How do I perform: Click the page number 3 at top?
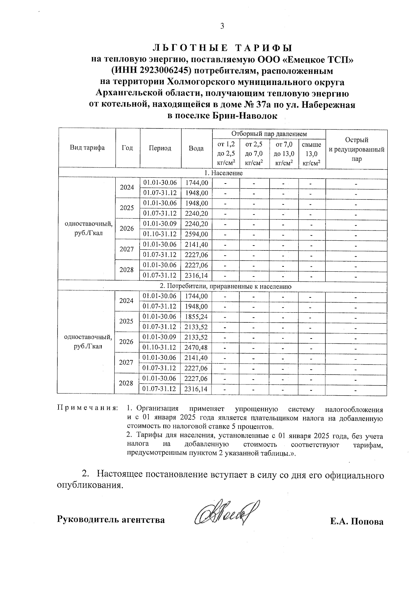pyautogui.click(x=222, y=26)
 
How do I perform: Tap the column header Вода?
pyautogui.click(x=196, y=148)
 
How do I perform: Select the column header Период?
pyautogui.click(x=160, y=148)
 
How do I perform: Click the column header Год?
pyautogui.click(x=127, y=148)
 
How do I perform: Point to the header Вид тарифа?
pyautogui.click(x=87, y=148)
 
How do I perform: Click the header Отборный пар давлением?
pyautogui.click(x=269, y=134)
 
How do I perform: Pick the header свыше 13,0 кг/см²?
pyautogui.click(x=312, y=154)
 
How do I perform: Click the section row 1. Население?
pyautogui.click(x=223, y=173)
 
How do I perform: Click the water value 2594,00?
pyautogui.click(x=196, y=234)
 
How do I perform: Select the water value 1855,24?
pyautogui.click(x=196, y=317)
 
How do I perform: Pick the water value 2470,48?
pyautogui.click(x=196, y=348)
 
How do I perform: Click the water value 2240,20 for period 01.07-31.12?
pyautogui.click(x=196, y=213)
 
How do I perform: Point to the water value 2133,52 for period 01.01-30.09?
pyautogui.click(x=196, y=337)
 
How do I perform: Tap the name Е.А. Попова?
pyautogui.click(x=357, y=521)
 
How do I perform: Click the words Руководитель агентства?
pyautogui.click(x=111, y=520)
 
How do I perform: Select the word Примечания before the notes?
pyautogui.click(x=87, y=408)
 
